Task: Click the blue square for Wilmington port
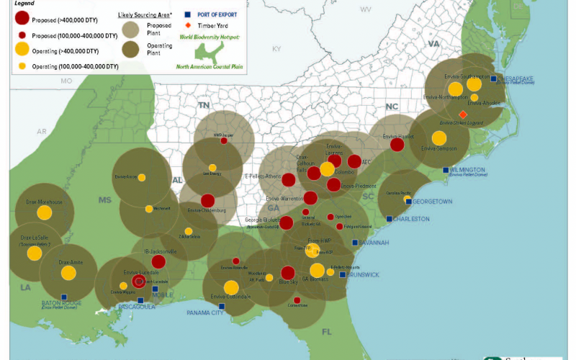[x=446, y=170]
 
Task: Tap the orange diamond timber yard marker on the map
[x=463, y=114]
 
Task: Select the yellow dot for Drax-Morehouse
[x=45, y=212]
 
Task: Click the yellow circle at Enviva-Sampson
[x=438, y=138]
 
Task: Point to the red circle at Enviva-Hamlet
[x=397, y=145]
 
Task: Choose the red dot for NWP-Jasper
[x=224, y=141]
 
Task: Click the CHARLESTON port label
[x=410, y=219]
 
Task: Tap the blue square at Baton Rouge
[x=64, y=297]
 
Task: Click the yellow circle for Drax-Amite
[x=68, y=273]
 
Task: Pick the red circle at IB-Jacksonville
[x=159, y=262]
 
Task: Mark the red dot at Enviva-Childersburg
[x=207, y=201]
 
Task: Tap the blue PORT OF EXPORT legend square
[x=187, y=14]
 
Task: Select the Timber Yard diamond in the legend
[x=187, y=25]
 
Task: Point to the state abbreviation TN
[x=204, y=104]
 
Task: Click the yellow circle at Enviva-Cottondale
[x=231, y=287]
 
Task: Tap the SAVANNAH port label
[x=373, y=243]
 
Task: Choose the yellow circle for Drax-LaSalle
[x=35, y=253]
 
